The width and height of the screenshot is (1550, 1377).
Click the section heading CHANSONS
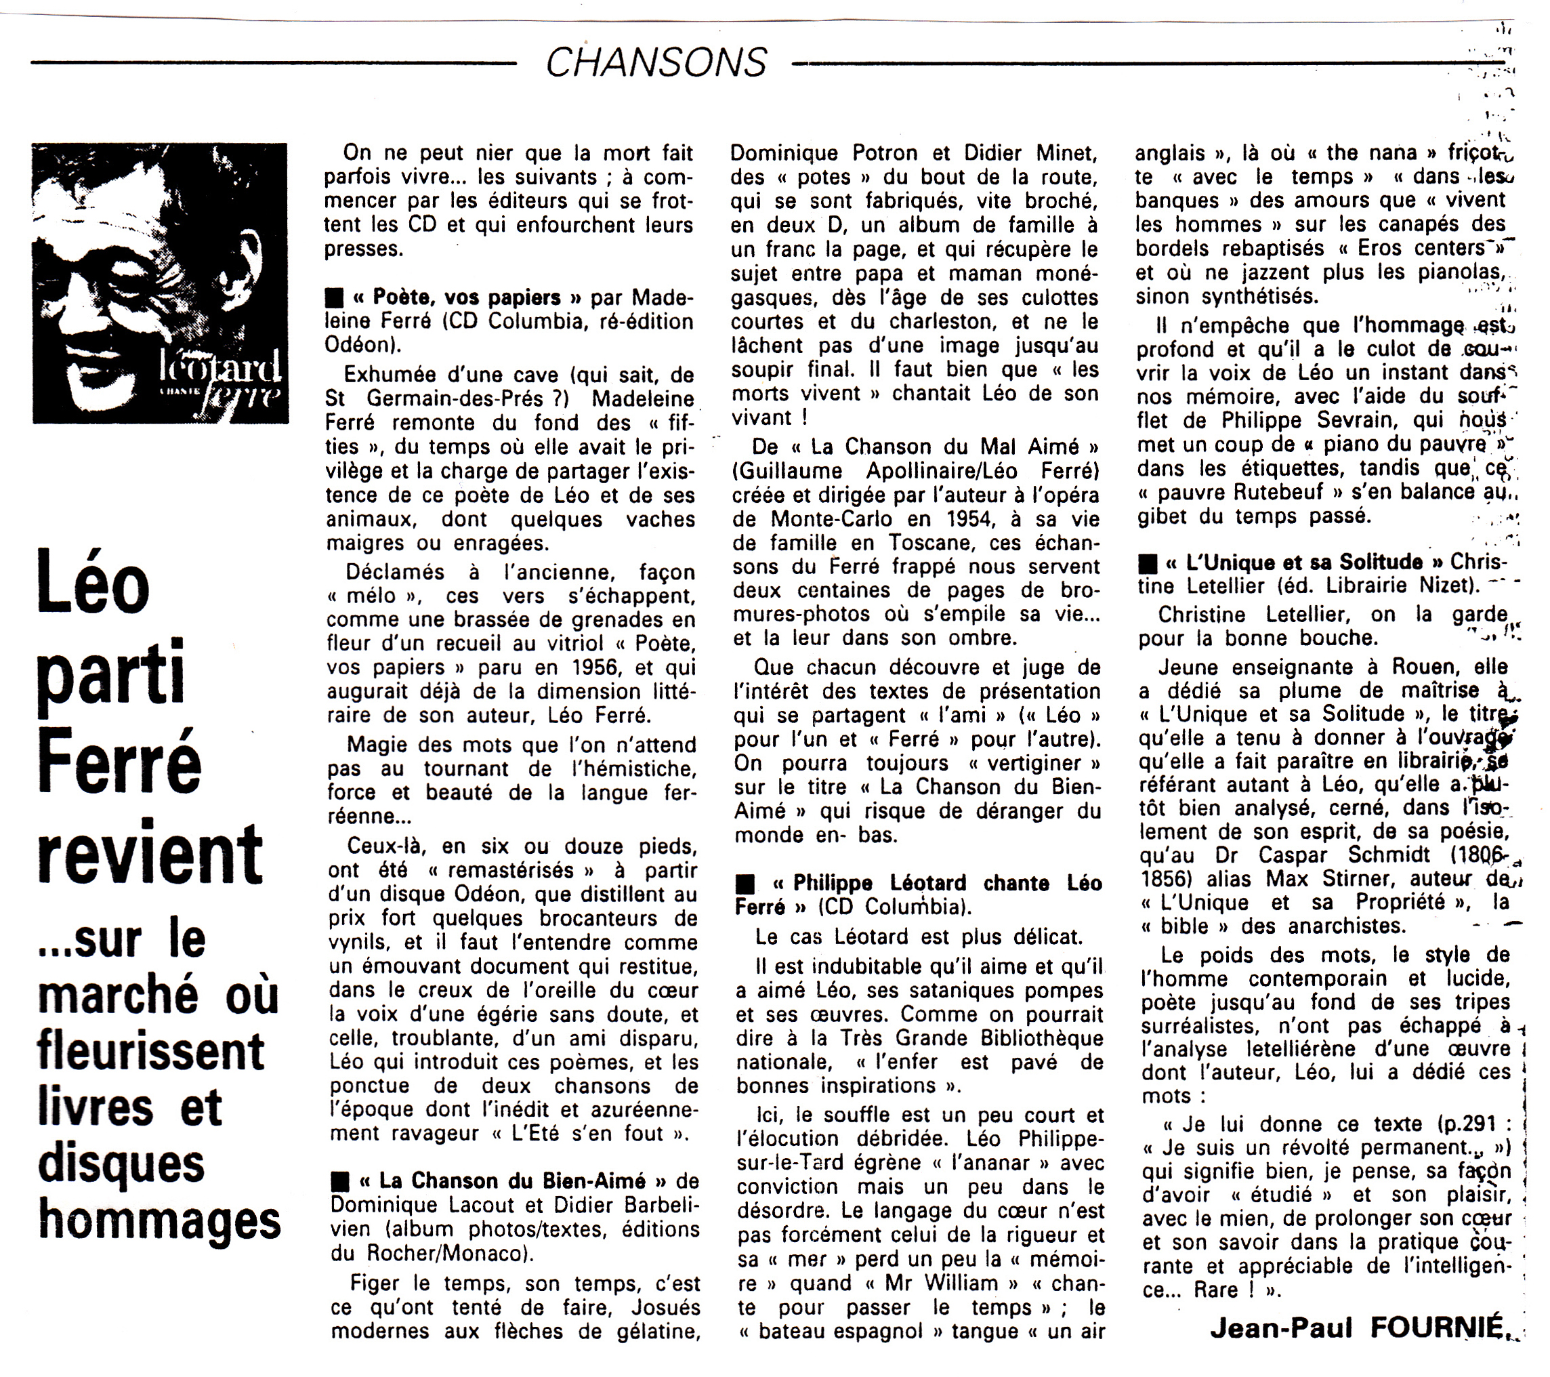pyautogui.click(x=656, y=62)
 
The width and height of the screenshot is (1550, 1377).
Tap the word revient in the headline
pyautogui.click(x=150, y=854)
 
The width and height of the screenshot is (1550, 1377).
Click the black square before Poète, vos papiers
pyautogui.click(x=333, y=297)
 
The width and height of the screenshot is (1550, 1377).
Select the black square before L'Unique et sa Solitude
pyautogui.click(x=1148, y=562)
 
